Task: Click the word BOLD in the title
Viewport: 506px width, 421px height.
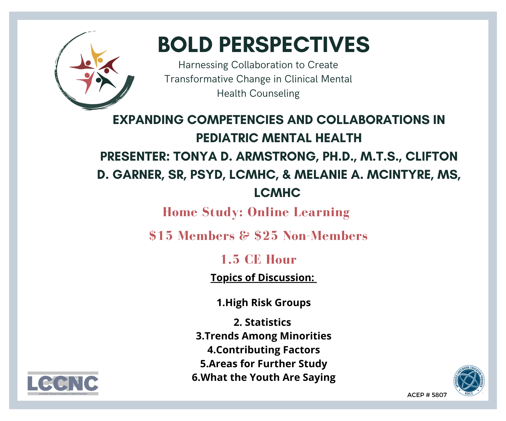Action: pyautogui.click(x=185, y=44)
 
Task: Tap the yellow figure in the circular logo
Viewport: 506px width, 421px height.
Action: pyautogui.click(x=97, y=56)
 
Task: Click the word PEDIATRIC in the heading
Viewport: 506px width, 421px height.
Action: pyautogui.click(x=227, y=138)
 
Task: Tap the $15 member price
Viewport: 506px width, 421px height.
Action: pyautogui.click(x=161, y=236)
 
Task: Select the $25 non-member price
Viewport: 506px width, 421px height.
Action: pyautogui.click(x=266, y=236)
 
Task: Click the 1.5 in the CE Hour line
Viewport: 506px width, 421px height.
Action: pyautogui.click(x=230, y=259)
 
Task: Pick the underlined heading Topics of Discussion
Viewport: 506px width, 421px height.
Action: pyautogui.click(x=263, y=278)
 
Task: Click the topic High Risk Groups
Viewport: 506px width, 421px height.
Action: pyautogui.click(x=264, y=303)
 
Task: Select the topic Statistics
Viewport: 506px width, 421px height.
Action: pyautogui.click(x=262, y=322)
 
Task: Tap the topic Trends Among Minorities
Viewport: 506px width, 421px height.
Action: pyautogui.click(x=264, y=336)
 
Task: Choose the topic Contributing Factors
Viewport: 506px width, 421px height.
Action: pyautogui.click(x=264, y=350)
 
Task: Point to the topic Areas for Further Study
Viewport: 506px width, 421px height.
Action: pyautogui.click(x=264, y=364)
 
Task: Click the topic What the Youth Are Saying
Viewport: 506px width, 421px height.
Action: pyautogui.click(x=264, y=378)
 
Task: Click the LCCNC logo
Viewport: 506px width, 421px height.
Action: pyautogui.click(x=63, y=383)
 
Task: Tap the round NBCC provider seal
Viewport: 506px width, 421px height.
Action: pyautogui.click(x=469, y=381)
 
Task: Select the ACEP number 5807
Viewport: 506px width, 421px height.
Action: pyautogui.click(x=439, y=395)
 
